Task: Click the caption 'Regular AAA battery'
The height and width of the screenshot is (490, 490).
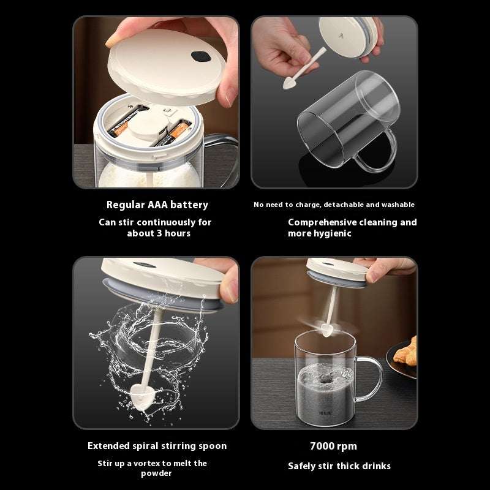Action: tap(157, 205)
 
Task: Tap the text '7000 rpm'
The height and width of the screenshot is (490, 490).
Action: tap(333, 446)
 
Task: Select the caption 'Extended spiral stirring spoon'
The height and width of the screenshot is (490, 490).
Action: tap(157, 446)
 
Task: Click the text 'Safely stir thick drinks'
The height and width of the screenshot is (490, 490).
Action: tap(339, 466)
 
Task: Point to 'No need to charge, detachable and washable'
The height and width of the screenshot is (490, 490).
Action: tap(334, 205)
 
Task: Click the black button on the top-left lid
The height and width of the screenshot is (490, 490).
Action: tap(199, 56)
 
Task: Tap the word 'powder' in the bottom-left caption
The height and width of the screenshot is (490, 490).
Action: tap(156, 473)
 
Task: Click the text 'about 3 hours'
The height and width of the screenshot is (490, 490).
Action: tap(158, 234)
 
